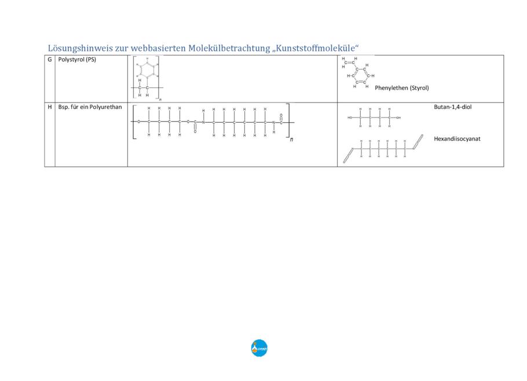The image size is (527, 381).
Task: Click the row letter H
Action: (49, 107)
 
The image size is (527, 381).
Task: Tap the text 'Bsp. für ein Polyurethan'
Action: (90, 107)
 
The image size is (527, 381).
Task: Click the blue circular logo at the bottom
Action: (259, 348)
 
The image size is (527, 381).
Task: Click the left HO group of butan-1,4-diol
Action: (350, 118)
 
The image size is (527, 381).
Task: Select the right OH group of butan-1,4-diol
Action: (398, 118)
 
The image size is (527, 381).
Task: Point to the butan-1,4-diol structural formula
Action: (374, 118)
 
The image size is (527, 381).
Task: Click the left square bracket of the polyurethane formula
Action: (133, 122)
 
